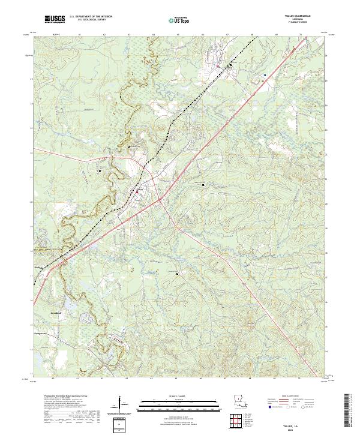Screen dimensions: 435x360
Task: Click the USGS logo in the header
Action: click(x=55, y=20)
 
